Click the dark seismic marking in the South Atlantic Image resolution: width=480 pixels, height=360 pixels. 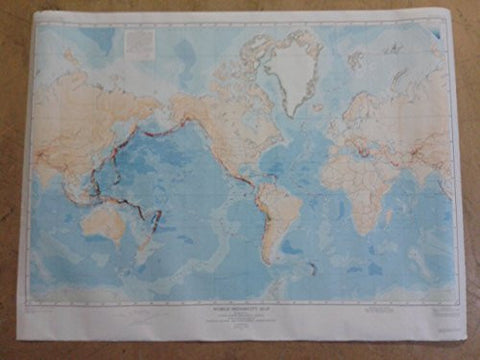tap(312, 267)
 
